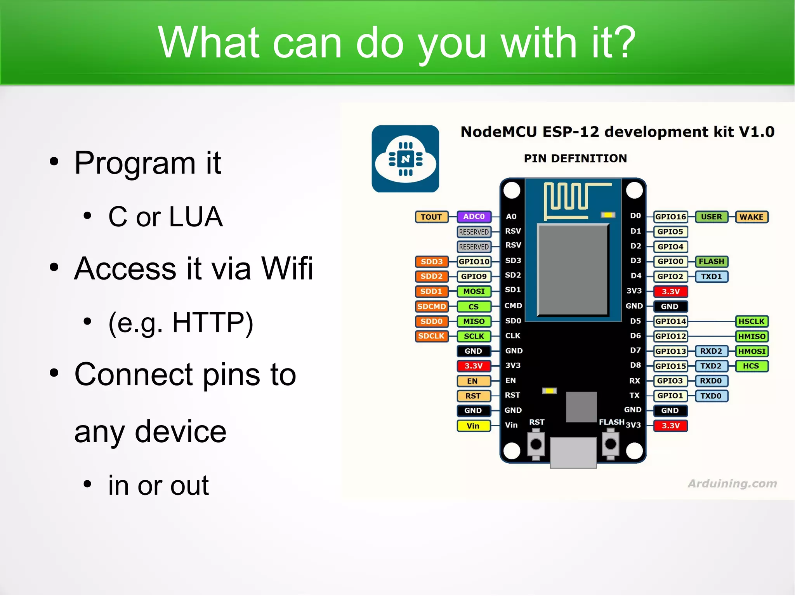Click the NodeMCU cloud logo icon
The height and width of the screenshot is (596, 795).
[x=405, y=158]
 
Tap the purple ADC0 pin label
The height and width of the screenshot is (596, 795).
[x=474, y=217]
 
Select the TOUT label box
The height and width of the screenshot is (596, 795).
[x=431, y=217]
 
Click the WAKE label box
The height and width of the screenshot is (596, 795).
[x=751, y=217]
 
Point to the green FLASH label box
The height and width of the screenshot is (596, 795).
[x=711, y=261]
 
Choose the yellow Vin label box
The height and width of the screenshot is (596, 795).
[x=473, y=426]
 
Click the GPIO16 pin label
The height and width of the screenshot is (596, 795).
[x=670, y=217]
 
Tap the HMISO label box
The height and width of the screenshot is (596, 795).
[x=752, y=336]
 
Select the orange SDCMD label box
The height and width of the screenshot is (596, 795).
[x=431, y=306]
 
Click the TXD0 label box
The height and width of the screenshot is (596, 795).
[x=711, y=396]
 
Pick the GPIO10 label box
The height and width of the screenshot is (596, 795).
[x=474, y=262]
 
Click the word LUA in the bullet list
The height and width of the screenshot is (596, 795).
[x=196, y=217]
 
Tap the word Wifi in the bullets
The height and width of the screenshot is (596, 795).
[x=287, y=268]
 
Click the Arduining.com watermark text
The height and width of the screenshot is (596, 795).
[x=732, y=483]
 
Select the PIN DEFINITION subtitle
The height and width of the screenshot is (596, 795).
[x=575, y=158]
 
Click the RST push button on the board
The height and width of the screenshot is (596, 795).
[x=536, y=444]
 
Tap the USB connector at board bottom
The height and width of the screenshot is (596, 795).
[x=573, y=452]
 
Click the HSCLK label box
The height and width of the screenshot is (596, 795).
[x=751, y=321]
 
